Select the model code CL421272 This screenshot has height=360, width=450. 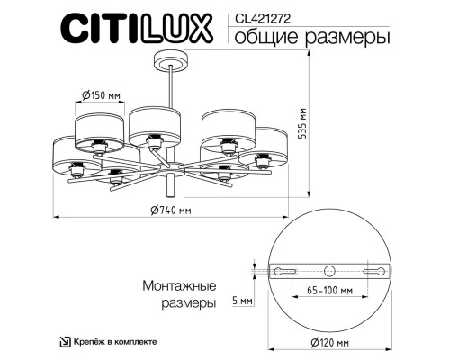[x=261, y=16]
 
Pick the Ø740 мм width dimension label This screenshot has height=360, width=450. [x=170, y=211]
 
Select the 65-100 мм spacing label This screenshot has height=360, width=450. [x=329, y=292]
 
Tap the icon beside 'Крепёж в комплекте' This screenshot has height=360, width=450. [x=65, y=341]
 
